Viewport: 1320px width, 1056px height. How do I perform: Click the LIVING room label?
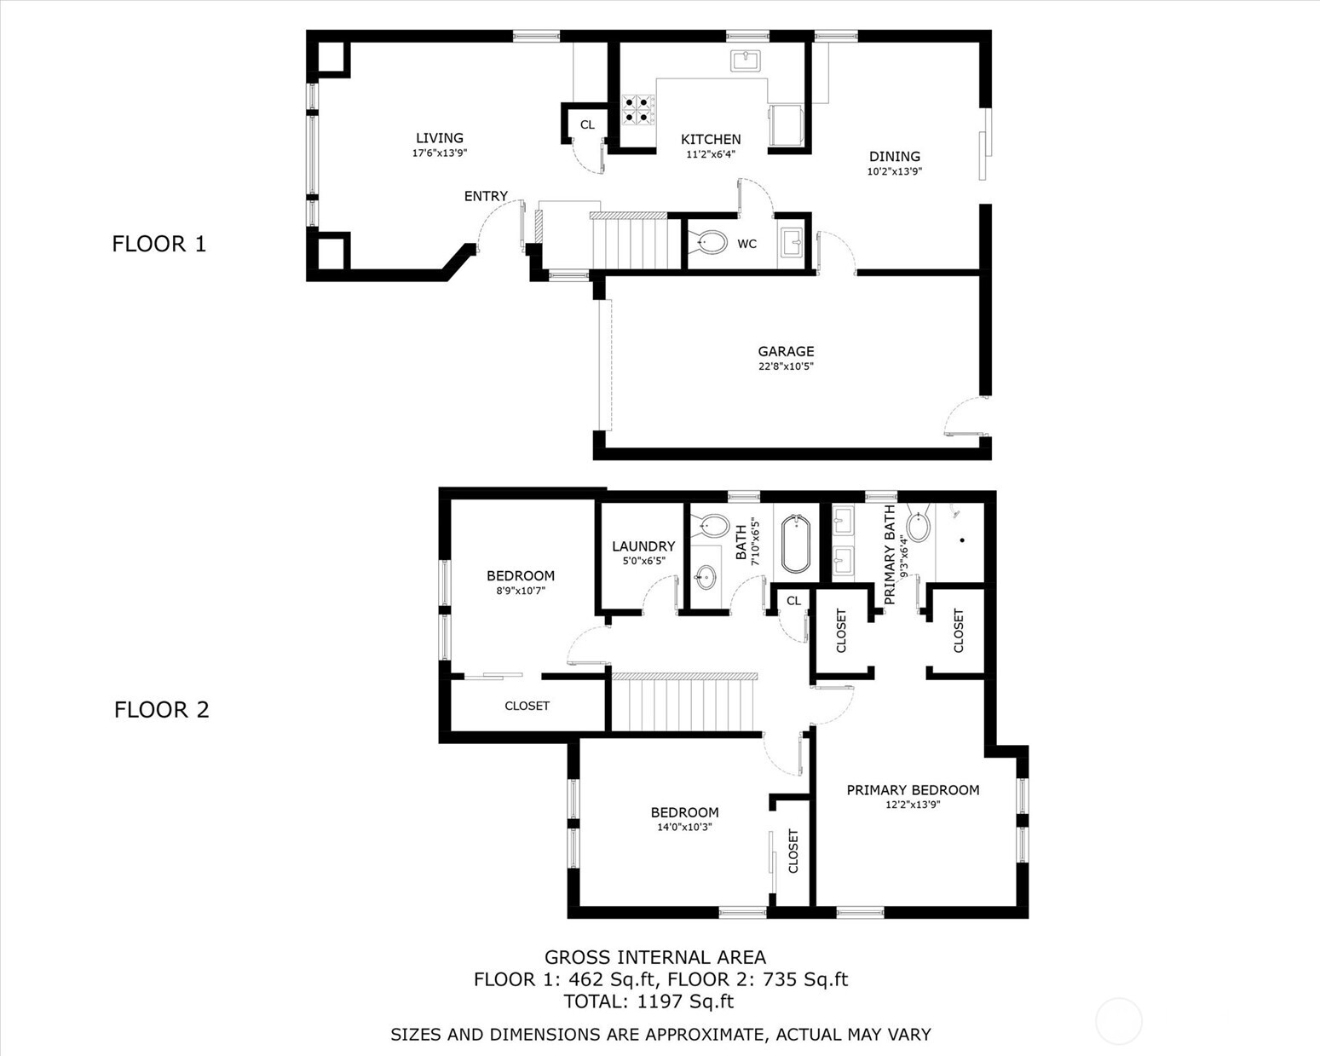coord(439,138)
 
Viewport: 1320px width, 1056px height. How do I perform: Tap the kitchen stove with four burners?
coord(637,110)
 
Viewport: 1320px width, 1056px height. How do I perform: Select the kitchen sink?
coord(746,61)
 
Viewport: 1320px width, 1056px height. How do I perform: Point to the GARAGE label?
coord(786,352)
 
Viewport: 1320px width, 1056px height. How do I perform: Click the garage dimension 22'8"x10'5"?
coord(786,367)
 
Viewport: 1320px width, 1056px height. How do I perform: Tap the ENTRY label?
coord(486,196)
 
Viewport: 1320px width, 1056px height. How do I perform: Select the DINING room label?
coord(894,157)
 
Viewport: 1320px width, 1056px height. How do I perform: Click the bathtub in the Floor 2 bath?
coord(796,544)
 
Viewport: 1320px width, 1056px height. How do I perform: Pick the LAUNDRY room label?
coord(643,546)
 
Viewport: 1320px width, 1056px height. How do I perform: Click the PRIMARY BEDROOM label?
coord(913,790)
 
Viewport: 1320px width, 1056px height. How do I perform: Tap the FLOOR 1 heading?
coord(159,244)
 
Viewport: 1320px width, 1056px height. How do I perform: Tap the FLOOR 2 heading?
coord(161,709)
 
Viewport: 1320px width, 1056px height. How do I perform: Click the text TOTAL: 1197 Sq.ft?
coord(648,1001)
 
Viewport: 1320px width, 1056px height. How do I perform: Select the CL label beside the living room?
coord(587,124)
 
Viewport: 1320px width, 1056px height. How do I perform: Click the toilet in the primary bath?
coord(918,525)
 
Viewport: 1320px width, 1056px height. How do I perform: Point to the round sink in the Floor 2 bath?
coord(706,577)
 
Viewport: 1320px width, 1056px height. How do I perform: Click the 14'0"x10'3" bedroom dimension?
coord(684,827)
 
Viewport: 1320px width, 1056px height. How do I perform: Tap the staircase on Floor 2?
coord(684,702)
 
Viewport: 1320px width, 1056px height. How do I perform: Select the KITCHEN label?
coord(711,139)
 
